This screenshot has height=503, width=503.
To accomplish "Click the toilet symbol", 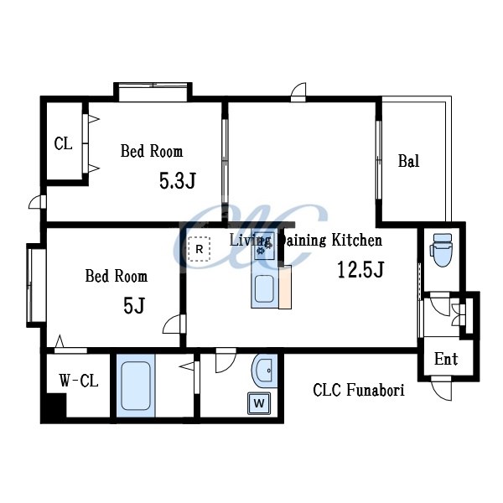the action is click(x=443, y=250).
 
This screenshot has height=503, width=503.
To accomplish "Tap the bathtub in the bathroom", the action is click(x=136, y=386).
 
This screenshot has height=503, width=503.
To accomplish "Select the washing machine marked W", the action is click(x=259, y=403).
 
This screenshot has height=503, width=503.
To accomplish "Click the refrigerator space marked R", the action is click(x=200, y=249).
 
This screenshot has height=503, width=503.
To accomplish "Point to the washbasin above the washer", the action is click(x=264, y=371).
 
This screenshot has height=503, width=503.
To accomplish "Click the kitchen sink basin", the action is click(x=264, y=288).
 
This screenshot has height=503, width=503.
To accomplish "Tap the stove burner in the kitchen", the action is click(x=264, y=246).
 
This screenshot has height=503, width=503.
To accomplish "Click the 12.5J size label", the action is click(x=360, y=269).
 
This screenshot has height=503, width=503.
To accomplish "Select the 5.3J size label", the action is click(x=178, y=180).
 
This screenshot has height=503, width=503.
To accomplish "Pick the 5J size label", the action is click(x=134, y=305).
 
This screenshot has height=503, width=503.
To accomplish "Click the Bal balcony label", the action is click(x=409, y=161).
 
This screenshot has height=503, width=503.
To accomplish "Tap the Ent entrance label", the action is click(x=446, y=359).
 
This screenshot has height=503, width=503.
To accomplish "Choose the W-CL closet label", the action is click(x=79, y=381).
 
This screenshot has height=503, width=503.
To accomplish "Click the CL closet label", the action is click(x=63, y=143).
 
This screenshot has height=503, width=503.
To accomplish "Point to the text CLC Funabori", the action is click(x=359, y=390).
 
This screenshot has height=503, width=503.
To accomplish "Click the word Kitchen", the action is click(x=357, y=241).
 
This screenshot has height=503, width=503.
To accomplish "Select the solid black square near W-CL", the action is click(x=54, y=407).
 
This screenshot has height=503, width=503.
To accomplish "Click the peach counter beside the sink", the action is click(x=285, y=287).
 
